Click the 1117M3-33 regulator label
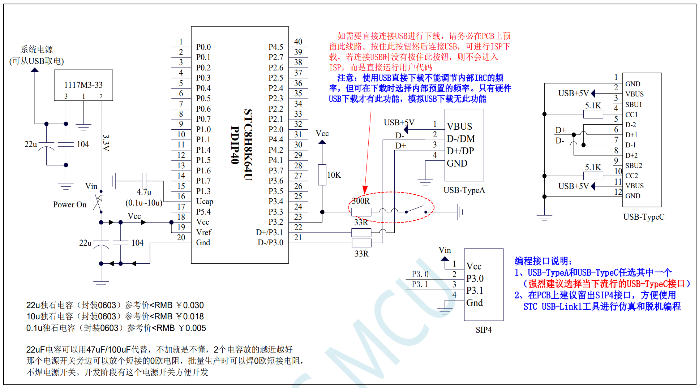[83, 85]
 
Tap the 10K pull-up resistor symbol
[322, 175]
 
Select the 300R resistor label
[361, 201]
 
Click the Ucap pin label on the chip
[205, 202]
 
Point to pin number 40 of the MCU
[298, 42]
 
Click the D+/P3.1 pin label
[269, 232]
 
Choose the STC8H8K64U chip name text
[248, 145]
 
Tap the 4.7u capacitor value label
[144, 192]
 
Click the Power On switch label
[70, 204]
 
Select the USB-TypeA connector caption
[464, 190]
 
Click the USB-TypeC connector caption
[644, 217]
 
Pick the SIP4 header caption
[484, 330]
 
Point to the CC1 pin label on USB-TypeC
[631, 115]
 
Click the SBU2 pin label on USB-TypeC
[634, 165]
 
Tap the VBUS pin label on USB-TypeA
[459, 126]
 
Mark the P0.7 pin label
[203, 119]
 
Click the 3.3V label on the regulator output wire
[106, 143]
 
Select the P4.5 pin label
[276, 47]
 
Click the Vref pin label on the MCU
[204, 232]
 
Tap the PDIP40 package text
[235, 145]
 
